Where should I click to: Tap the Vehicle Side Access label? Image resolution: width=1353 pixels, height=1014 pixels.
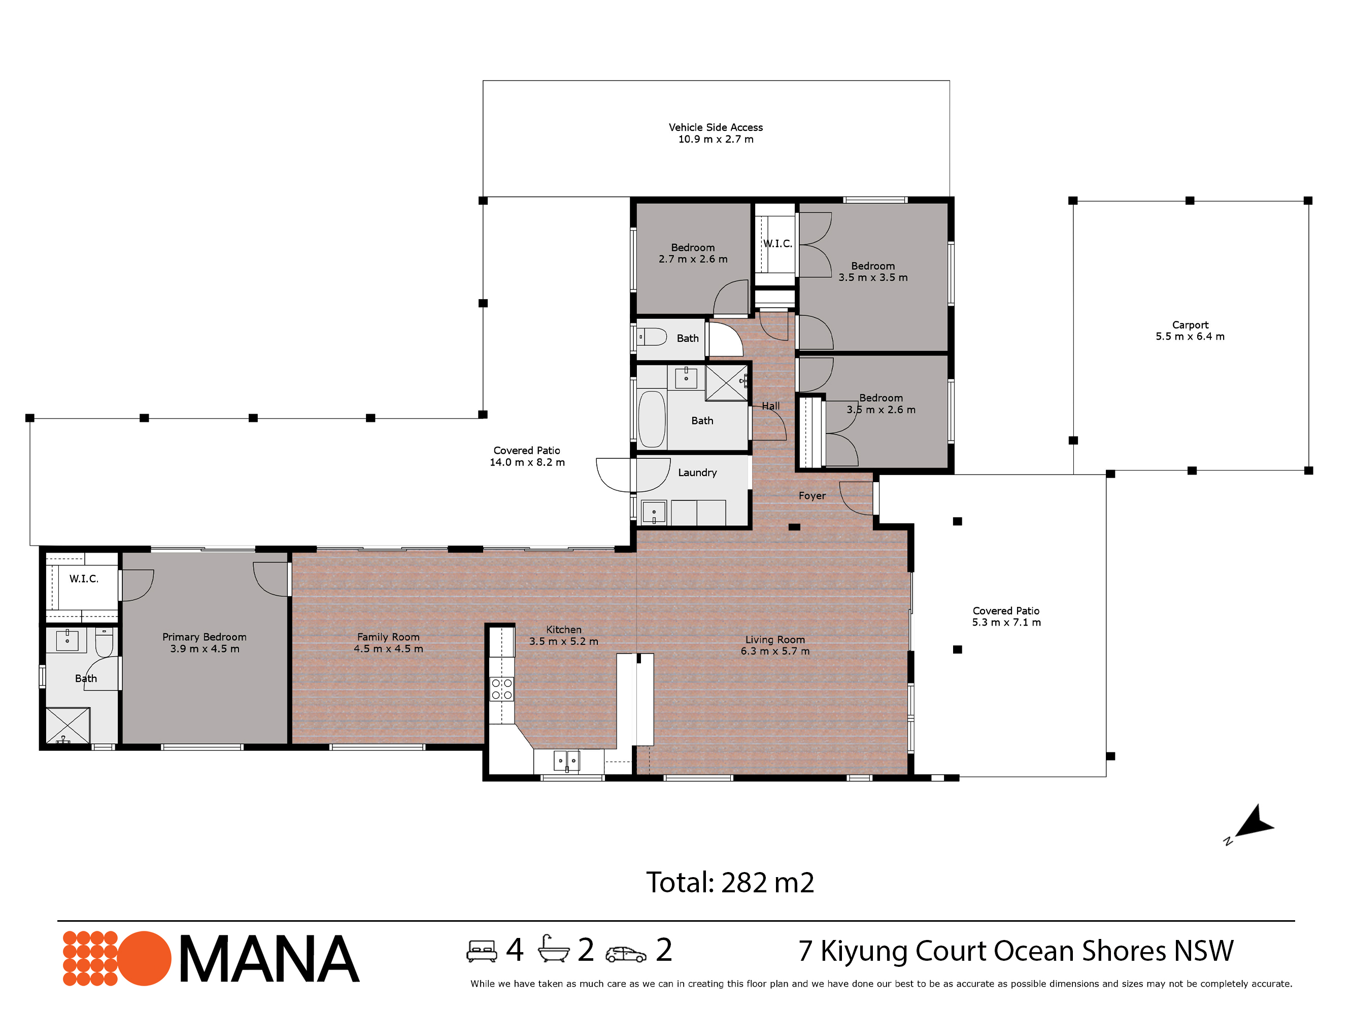[x=716, y=133]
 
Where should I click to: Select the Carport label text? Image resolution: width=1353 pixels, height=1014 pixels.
[x=1190, y=331]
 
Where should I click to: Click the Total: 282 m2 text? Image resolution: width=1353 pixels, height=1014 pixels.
[x=730, y=883]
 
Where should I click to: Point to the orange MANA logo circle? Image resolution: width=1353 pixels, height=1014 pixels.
[x=144, y=958]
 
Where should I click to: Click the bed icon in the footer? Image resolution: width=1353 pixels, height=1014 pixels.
[x=482, y=951]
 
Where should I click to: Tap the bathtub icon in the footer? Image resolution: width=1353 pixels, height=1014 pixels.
[x=554, y=949]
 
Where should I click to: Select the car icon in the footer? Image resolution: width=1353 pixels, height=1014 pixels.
[x=625, y=955]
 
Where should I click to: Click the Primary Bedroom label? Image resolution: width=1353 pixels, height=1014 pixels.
[x=205, y=643]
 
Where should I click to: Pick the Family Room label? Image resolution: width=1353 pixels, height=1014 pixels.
[x=388, y=643]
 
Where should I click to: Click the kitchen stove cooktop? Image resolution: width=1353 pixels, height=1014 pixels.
[x=501, y=689]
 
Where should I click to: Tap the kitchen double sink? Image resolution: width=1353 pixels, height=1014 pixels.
[x=566, y=761]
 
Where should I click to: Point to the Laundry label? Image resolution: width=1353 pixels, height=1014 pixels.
[x=697, y=473]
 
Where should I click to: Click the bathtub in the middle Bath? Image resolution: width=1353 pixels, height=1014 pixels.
[x=652, y=419]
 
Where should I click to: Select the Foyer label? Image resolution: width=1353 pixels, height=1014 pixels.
[x=811, y=496]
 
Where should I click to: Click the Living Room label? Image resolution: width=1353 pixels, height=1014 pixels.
[x=775, y=645]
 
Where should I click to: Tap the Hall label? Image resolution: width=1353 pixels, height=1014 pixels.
[x=771, y=406]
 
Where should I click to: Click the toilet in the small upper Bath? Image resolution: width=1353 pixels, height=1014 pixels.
[x=652, y=337]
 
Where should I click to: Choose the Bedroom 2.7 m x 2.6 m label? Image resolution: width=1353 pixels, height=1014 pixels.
[x=693, y=253]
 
